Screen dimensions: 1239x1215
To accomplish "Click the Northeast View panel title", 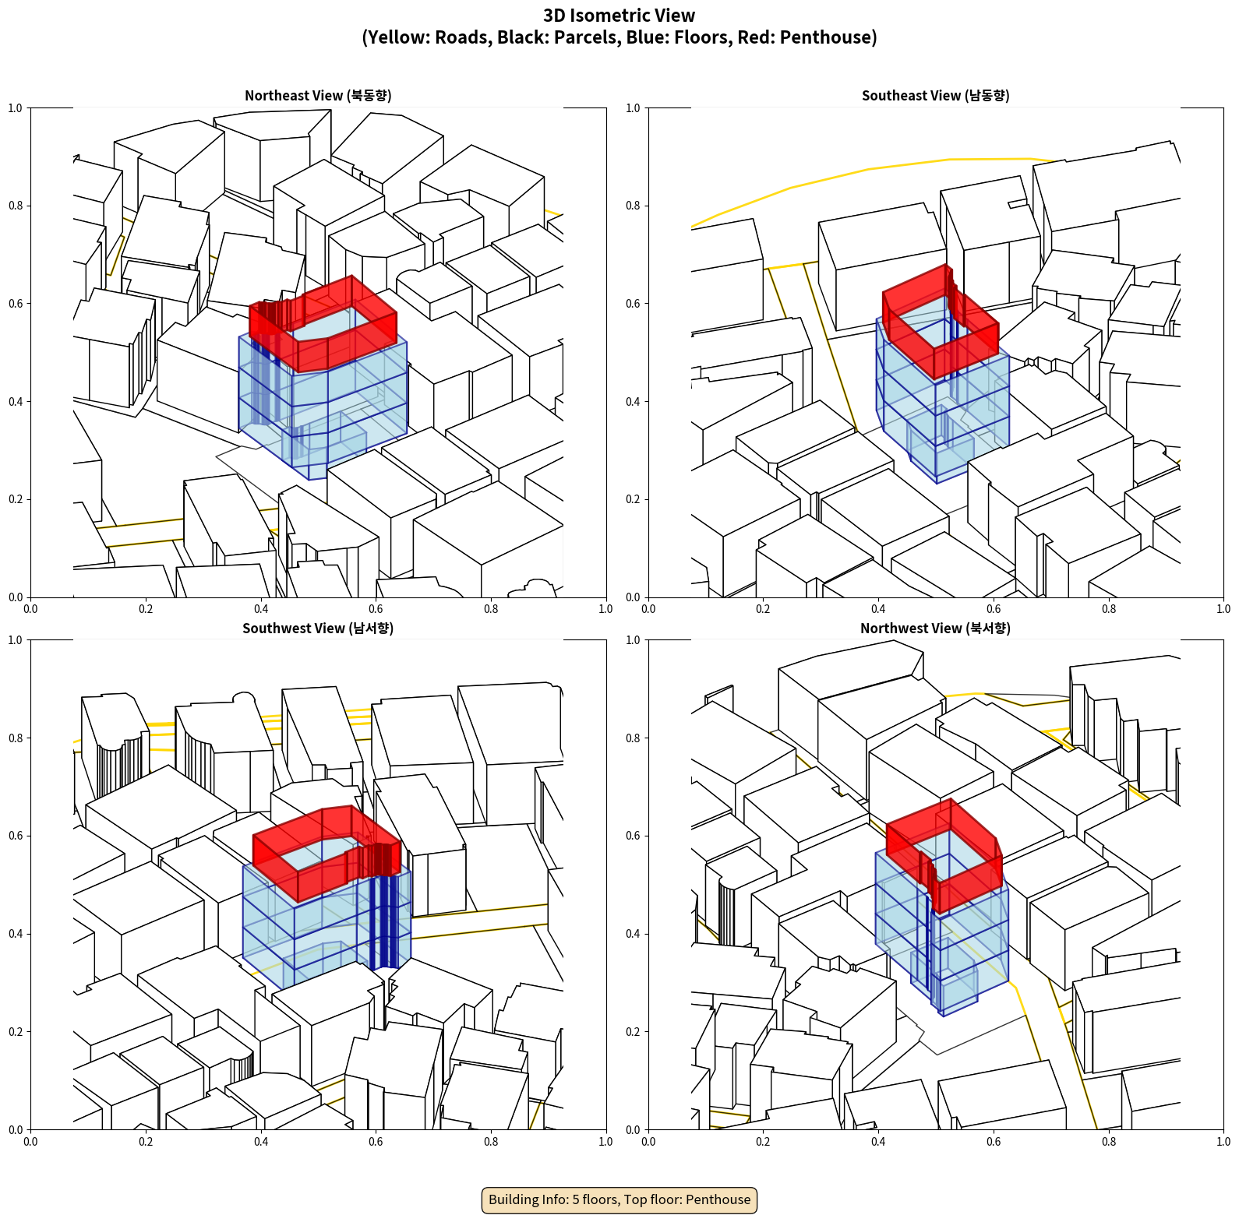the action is click(318, 95).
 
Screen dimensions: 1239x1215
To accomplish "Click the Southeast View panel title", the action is click(935, 95).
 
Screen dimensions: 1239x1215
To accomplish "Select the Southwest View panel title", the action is click(318, 628).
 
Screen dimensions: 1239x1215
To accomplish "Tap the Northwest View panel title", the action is click(935, 628).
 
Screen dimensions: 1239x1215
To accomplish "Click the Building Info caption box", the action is click(619, 1199).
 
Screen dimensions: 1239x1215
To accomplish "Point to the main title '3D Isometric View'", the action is click(619, 16).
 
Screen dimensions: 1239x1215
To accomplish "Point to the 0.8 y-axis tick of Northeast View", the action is click(16, 206).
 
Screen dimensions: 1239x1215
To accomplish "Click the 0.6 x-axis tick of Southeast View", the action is click(994, 608).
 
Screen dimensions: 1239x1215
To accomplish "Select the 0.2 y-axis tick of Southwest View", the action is click(16, 1031).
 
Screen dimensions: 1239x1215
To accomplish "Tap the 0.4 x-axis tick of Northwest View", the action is click(878, 1141).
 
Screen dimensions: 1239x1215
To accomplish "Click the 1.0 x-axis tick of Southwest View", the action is click(605, 1141).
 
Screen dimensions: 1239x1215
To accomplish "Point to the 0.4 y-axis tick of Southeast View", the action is click(633, 401).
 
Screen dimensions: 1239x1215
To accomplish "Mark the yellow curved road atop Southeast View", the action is click(869, 169).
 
